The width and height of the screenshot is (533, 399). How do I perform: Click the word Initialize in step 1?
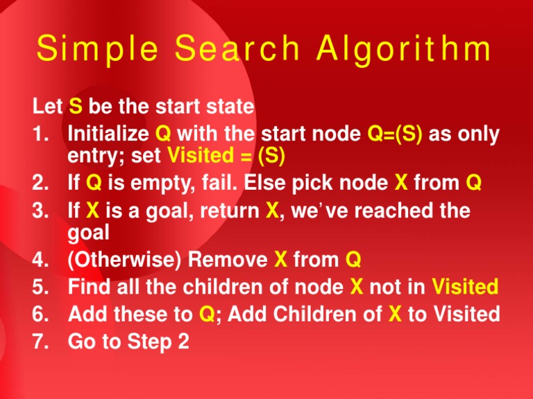pyautogui.click(x=107, y=134)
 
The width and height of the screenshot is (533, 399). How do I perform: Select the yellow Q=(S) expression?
pyautogui.click(x=396, y=134)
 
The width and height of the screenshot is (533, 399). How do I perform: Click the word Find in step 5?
pyautogui.click(x=87, y=287)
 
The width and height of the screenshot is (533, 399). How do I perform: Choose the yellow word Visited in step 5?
pyautogui.click(x=464, y=287)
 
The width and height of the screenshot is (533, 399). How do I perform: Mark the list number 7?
pyautogui.click(x=40, y=342)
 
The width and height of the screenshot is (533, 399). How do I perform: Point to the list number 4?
pyautogui.click(x=40, y=260)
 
